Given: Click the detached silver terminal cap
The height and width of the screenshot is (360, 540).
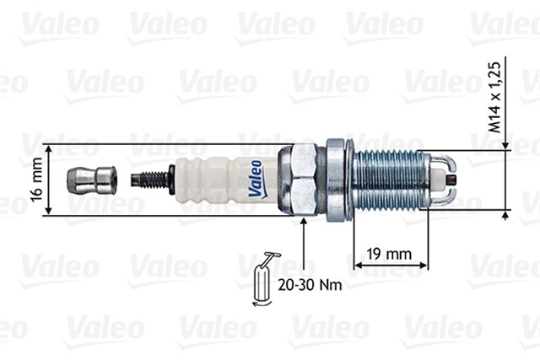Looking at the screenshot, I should point(91,179).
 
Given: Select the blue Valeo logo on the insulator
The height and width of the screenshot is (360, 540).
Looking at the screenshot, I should point(256,179).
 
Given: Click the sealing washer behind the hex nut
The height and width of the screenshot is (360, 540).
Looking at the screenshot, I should point(337,179).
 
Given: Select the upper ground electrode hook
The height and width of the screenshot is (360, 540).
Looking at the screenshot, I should point(445,159).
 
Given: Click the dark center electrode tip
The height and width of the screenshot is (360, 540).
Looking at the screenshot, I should point(454,179).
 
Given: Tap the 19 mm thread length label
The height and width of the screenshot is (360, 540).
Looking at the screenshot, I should point(390,252).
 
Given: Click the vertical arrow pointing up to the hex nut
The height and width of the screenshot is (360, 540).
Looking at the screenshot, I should point(303,244).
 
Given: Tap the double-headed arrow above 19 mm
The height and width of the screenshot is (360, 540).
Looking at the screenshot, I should point(390,266).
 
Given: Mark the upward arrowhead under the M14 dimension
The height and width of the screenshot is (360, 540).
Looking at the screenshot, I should point(505,214).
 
